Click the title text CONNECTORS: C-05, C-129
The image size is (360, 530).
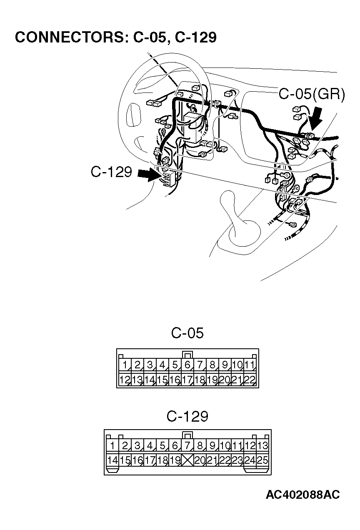click(x=115, y=37)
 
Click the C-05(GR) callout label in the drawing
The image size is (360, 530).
click(x=312, y=95)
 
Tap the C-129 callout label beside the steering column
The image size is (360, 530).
click(x=111, y=172)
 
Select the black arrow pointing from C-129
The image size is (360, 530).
click(x=149, y=175)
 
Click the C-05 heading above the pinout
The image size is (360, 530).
click(x=187, y=333)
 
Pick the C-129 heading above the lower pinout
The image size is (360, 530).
click(x=187, y=416)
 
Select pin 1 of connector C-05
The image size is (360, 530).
click(x=125, y=365)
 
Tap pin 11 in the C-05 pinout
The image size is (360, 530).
click(x=250, y=365)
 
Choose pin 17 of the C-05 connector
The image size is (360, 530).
click(x=187, y=380)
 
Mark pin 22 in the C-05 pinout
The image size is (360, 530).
click(x=250, y=380)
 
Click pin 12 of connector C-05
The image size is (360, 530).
click(x=125, y=380)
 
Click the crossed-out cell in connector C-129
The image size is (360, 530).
click(x=187, y=460)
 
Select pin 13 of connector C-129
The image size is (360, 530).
click(x=262, y=446)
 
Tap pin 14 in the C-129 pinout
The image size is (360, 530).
click(x=112, y=460)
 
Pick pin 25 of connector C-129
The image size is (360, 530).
click(x=262, y=460)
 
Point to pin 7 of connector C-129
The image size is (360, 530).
click(x=187, y=446)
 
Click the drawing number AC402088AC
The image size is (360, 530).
click(x=302, y=495)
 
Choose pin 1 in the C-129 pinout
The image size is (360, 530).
click(x=112, y=446)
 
